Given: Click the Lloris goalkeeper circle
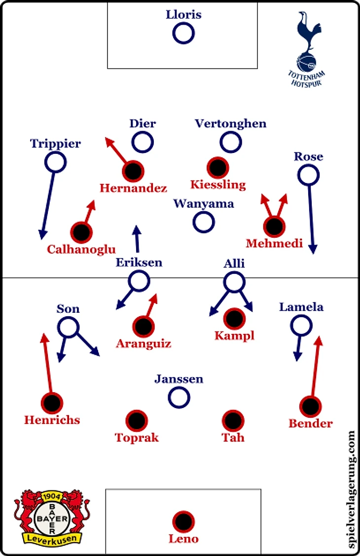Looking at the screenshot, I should [x=183, y=34].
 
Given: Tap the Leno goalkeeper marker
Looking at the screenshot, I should [x=183, y=521].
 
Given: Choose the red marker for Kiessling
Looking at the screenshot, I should [x=217, y=168].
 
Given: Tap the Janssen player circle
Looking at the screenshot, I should [x=179, y=396].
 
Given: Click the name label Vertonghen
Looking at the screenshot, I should [x=230, y=123].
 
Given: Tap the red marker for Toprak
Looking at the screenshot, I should [x=137, y=420].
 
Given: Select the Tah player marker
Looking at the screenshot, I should [x=233, y=420].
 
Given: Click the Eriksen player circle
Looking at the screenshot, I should [x=139, y=281].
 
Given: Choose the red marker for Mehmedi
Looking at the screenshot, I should [x=274, y=226].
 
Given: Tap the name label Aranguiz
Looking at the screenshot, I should [x=144, y=343].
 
